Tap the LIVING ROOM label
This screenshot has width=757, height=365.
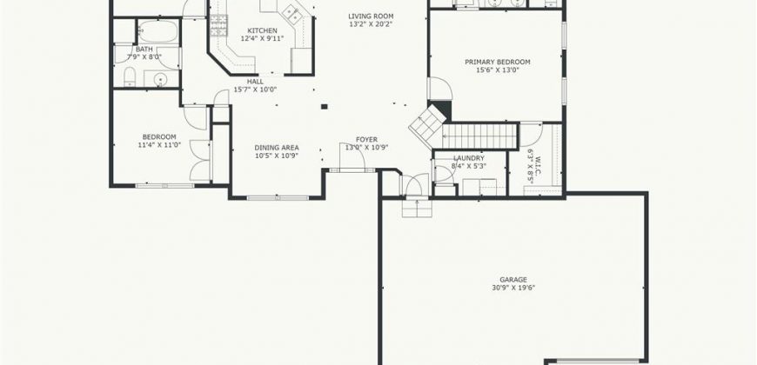coord(371,16)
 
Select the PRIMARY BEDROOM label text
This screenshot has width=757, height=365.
coord(497,62)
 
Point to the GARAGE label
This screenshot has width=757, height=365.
coord(513,280)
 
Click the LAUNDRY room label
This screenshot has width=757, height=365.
coord(469,158)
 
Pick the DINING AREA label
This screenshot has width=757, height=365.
coord(277,148)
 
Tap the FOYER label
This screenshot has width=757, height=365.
coord(366,140)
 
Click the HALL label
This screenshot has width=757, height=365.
coord(256,82)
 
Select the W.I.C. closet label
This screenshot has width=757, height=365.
coord(538,166)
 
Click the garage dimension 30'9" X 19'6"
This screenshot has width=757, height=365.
coord(513,288)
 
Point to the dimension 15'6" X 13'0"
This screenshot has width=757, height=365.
coord(497,70)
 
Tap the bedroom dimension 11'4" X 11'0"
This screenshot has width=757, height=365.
coord(159,144)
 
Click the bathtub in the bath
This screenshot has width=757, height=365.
coord(157,31)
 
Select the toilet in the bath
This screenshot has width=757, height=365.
coord(130,76)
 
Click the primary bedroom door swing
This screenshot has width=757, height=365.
coord(439,90)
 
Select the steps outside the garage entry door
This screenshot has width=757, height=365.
coord(417,209)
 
